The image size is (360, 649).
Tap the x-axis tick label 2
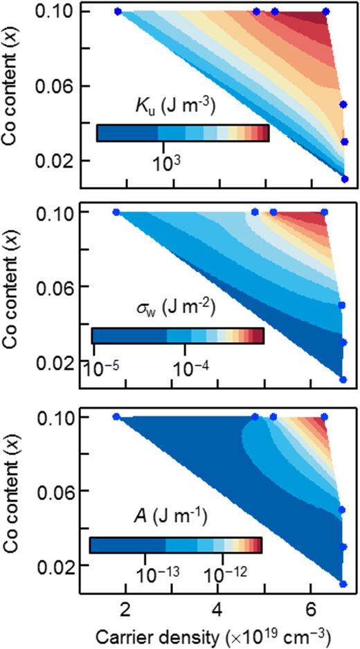125,613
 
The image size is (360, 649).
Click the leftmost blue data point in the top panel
117,12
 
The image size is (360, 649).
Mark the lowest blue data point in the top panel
345,179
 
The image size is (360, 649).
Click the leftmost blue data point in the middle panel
116,212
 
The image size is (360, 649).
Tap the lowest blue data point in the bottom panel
343,584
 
